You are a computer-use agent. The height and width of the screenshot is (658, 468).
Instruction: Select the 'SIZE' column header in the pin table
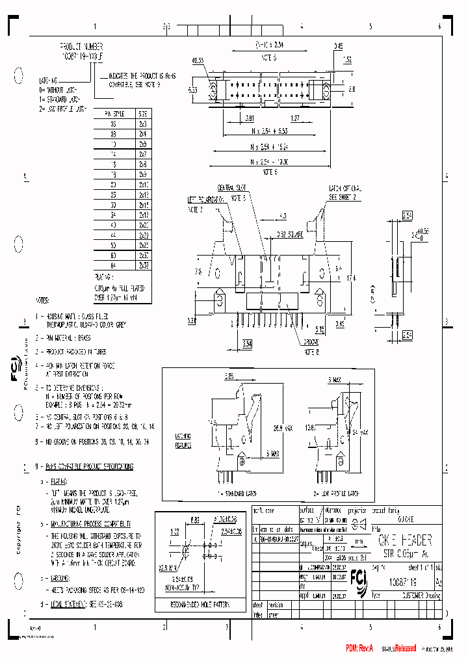tap(143, 112)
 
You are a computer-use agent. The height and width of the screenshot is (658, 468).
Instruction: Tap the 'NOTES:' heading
tap(43, 301)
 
